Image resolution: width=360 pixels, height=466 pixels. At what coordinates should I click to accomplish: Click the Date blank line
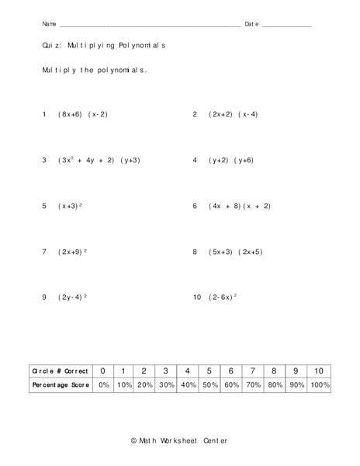click(287, 26)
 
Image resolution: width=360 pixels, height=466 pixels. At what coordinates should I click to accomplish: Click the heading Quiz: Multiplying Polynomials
click(104, 46)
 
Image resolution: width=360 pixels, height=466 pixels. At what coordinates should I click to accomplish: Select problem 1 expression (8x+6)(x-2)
click(83, 114)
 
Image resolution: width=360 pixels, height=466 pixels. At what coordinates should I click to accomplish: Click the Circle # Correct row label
click(61, 370)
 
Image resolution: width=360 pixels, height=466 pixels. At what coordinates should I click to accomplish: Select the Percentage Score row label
click(61, 385)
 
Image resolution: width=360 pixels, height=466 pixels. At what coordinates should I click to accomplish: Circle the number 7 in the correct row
click(252, 370)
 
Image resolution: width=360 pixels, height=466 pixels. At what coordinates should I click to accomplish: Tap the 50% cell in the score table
click(209, 385)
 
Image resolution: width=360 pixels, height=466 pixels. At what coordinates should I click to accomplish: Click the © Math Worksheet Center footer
click(179, 441)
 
